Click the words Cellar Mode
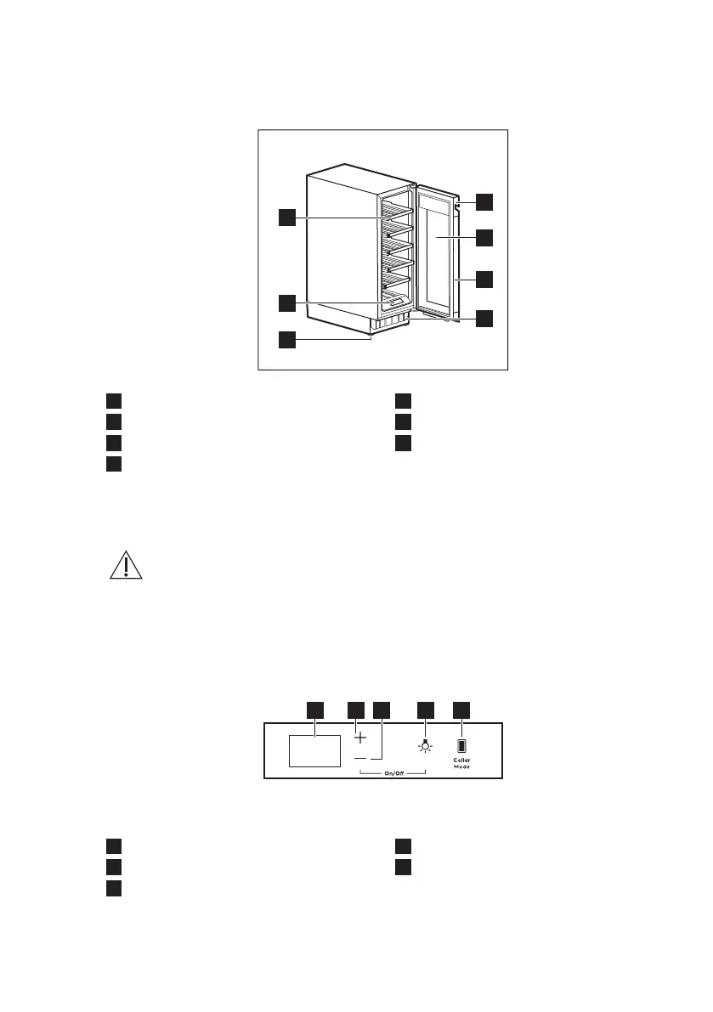click(x=461, y=762)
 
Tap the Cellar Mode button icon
click(x=461, y=745)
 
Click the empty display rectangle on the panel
click(x=314, y=751)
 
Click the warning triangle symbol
click(x=126, y=564)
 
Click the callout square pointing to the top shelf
click(x=287, y=217)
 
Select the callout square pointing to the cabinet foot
click(x=287, y=340)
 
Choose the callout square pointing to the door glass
click(x=484, y=239)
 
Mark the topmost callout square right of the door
click(x=484, y=201)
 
